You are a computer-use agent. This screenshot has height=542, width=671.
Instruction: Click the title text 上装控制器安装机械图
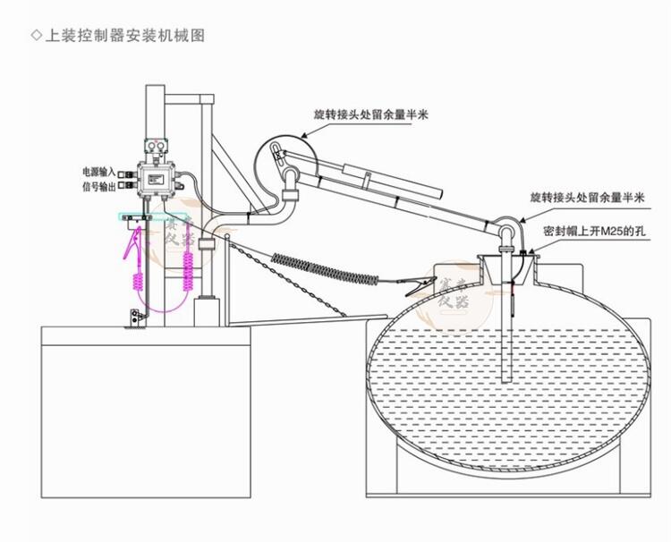click(x=125, y=36)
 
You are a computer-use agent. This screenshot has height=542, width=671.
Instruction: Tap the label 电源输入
click(x=99, y=170)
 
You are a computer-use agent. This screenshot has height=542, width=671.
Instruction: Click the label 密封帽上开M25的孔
click(x=594, y=230)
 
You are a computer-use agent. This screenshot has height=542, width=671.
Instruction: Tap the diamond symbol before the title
click(x=35, y=36)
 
